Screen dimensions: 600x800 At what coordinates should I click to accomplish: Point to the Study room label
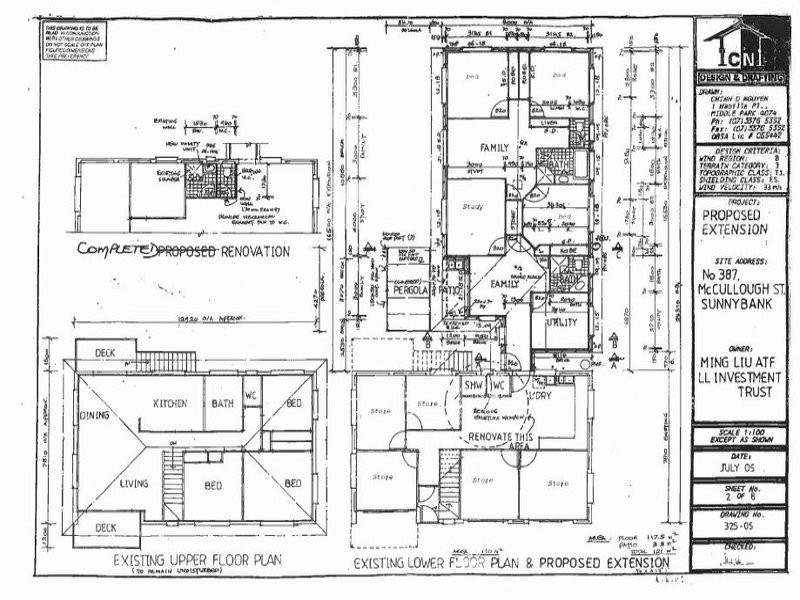click(473, 208)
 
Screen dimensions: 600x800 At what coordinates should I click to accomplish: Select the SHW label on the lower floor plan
click(472, 385)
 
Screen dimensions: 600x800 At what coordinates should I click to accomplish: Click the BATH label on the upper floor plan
click(222, 402)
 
